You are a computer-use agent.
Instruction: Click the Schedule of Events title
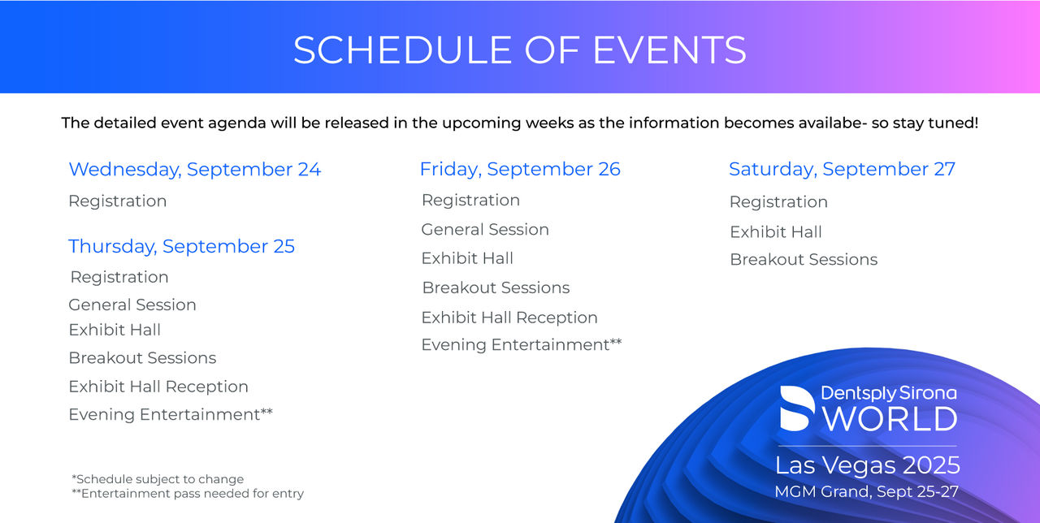click(519, 50)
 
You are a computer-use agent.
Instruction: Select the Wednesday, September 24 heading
click(194, 170)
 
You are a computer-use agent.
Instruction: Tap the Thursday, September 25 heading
click(181, 246)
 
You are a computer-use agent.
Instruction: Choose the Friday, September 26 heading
click(520, 170)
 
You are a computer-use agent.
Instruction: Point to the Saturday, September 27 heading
click(842, 170)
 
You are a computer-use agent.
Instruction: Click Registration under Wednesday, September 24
click(118, 201)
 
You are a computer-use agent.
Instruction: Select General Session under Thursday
click(132, 305)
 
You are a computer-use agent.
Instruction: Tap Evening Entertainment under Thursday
click(171, 414)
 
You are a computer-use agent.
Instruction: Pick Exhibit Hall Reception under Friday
click(509, 318)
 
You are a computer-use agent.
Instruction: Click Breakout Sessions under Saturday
click(804, 259)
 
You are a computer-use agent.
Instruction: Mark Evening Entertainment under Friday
click(522, 345)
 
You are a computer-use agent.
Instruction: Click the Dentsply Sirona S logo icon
click(797, 408)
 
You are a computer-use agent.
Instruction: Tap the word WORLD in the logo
click(890, 419)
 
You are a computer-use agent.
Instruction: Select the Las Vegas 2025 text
click(867, 465)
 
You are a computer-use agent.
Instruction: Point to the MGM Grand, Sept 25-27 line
click(866, 492)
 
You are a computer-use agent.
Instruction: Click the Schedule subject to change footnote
click(158, 479)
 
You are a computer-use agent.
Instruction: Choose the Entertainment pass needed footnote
click(188, 493)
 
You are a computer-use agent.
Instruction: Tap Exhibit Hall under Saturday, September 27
click(776, 232)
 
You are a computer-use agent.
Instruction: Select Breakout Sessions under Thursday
click(142, 358)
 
